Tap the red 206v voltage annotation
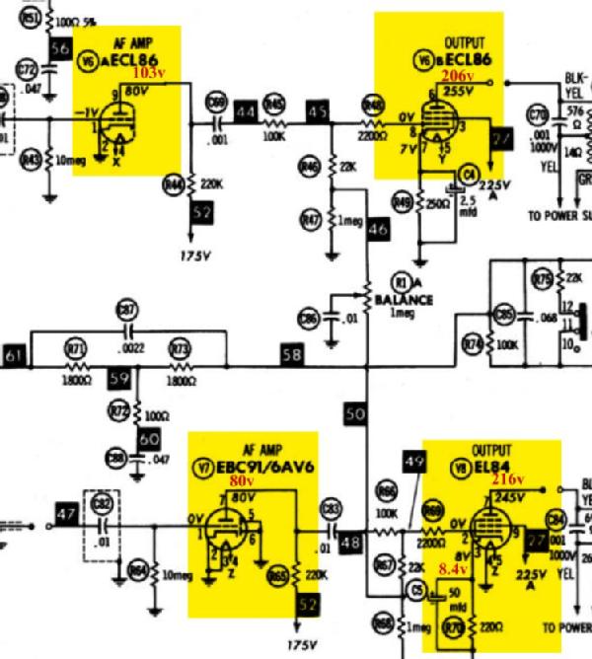pyautogui.click(x=458, y=75)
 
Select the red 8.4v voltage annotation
pyautogui.click(x=453, y=569)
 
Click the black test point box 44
pyautogui.click(x=246, y=111)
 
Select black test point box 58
pyautogui.click(x=292, y=352)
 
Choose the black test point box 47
pyautogui.click(x=67, y=514)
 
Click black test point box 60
pyautogui.click(x=148, y=439)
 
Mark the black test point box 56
pyautogui.click(x=60, y=47)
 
